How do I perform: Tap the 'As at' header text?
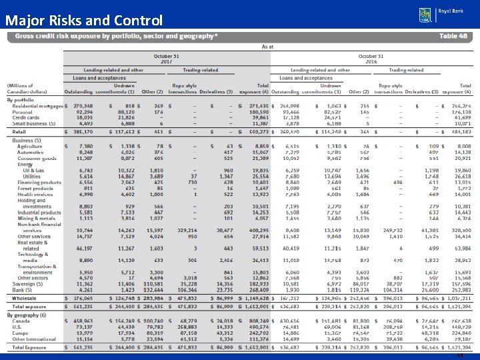click(267, 47)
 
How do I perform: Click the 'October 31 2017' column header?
click(167, 59)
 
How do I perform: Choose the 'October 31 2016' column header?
click(371, 59)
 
